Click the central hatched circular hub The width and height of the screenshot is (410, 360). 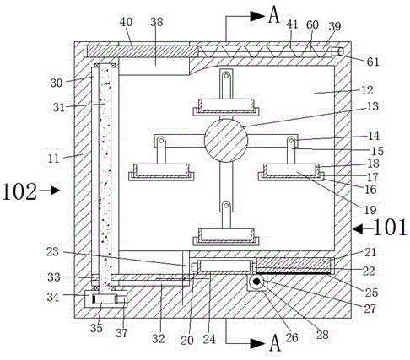pyautogui.click(x=226, y=140)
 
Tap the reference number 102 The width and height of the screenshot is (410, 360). pyautogui.click(x=19, y=191)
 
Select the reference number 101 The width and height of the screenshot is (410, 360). pyautogui.click(x=390, y=228)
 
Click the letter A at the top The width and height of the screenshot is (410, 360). pyautogui.click(x=274, y=15)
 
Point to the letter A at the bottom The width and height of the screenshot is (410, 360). pyautogui.click(x=275, y=343)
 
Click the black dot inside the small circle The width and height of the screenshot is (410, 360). pyautogui.click(x=256, y=282)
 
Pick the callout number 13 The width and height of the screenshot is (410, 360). pyautogui.click(x=373, y=106)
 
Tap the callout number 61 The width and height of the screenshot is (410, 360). pyautogui.click(x=373, y=62)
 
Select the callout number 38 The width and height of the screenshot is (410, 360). pyautogui.click(x=156, y=22)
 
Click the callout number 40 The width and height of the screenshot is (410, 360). pyautogui.click(x=126, y=22)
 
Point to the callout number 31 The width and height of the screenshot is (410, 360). pyautogui.click(x=59, y=107)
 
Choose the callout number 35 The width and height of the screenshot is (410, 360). pyautogui.click(x=96, y=328)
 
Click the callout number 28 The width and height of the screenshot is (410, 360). pyautogui.click(x=322, y=335)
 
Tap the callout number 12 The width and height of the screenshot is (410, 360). pyautogui.click(x=367, y=90)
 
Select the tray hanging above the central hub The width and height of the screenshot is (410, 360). pyautogui.click(x=226, y=107)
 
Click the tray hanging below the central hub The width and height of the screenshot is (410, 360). pyautogui.click(x=226, y=237)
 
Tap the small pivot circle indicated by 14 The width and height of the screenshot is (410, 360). pyautogui.click(x=291, y=140)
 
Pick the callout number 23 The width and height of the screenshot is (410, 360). pyautogui.click(x=52, y=252)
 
